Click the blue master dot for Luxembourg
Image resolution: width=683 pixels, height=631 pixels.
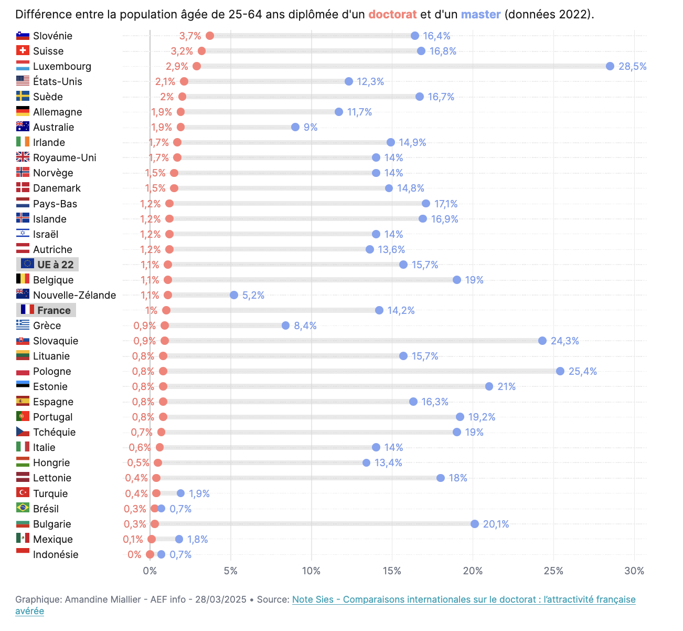[x=610, y=66]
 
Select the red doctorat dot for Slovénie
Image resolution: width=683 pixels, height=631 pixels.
[x=210, y=36]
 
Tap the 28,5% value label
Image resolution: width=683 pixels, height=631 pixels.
[x=632, y=66]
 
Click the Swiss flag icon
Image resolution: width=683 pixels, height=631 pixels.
[x=23, y=51]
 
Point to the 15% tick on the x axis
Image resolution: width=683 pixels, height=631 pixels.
[x=392, y=571]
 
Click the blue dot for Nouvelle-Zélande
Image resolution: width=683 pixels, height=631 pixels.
[x=234, y=295]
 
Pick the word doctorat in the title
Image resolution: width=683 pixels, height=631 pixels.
[x=392, y=14]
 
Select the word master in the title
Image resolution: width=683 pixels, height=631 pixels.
[x=481, y=14]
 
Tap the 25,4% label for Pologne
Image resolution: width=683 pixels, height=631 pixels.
[x=583, y=371]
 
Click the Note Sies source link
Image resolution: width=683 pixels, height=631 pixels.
[x=464, y=600]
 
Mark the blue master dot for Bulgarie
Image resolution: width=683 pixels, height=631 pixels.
[x=475, y=524]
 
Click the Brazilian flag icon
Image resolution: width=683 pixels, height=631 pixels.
[x=23, y=508]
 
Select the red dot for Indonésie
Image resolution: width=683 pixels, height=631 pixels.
[x=150, y=554]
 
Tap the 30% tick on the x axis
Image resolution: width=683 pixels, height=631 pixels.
[x=634, y=571]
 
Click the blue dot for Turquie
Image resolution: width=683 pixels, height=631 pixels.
[x=181, y=493]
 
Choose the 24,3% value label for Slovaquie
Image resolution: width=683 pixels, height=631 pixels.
[x=564, y=341]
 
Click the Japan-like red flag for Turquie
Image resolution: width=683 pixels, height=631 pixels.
[x=23, y=493]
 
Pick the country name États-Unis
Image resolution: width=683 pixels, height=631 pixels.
[x=57, y=81]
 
